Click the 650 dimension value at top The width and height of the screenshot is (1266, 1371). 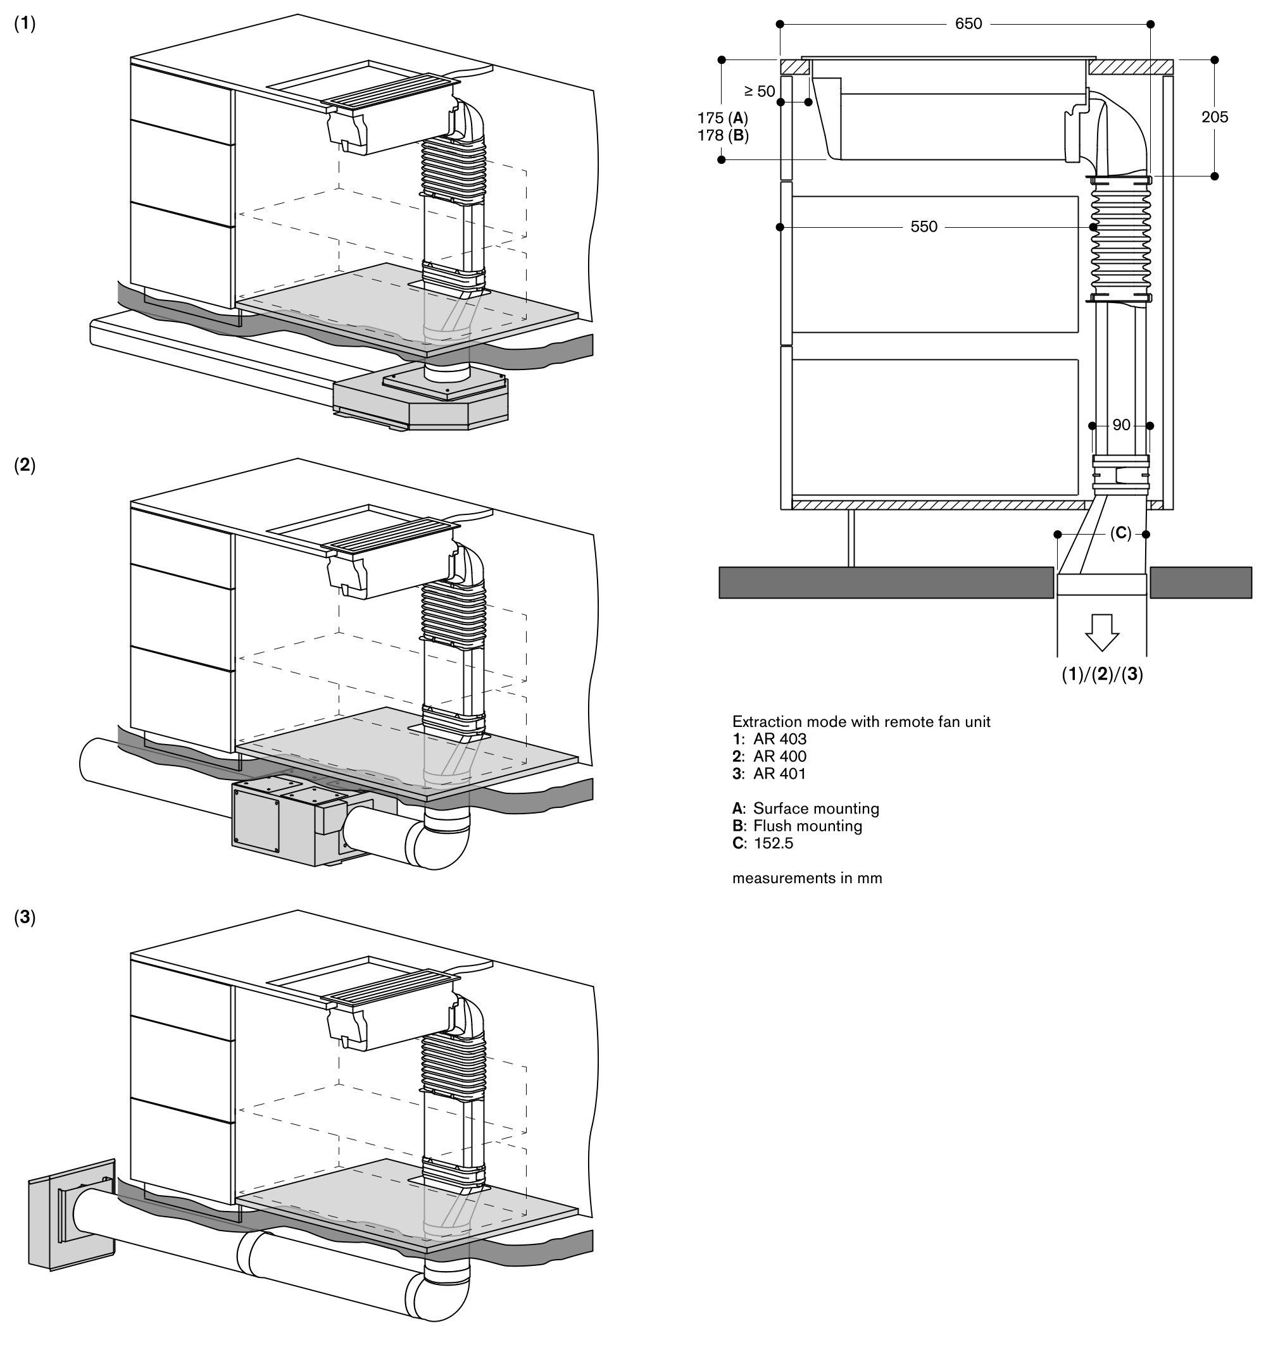(x=968, y=24)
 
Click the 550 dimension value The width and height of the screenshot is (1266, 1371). (x=924, y=226)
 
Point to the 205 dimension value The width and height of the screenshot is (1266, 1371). (x=1214, y=117)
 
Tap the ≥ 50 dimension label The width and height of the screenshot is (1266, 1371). (x=759, y=91)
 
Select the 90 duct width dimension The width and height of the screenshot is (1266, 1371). (x=1121, y=425)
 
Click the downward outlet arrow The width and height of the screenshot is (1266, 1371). (x=1102, y=632)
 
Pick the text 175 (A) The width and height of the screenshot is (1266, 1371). (x=723, y=118)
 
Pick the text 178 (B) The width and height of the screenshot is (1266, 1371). (x=723, y=135)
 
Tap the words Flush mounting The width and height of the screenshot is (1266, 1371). (x=807, y=826)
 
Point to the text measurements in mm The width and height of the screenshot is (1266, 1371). (x=806, y=878)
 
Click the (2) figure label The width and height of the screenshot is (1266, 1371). (x=25, y=465)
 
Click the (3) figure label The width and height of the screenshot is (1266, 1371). (x=25, y=917)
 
